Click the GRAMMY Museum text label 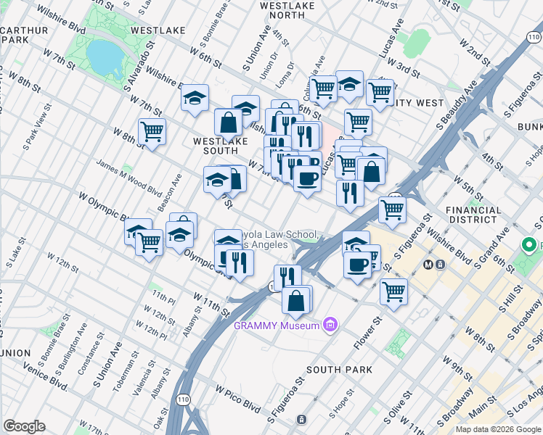[276, 325]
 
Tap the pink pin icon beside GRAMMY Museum [330, 324]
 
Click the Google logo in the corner [24, 426]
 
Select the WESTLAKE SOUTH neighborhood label [216, 145]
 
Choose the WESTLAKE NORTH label [292, 10]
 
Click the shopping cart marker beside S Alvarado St [152, 131]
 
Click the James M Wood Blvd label [128, 178]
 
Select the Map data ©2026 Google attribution [498, 429]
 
